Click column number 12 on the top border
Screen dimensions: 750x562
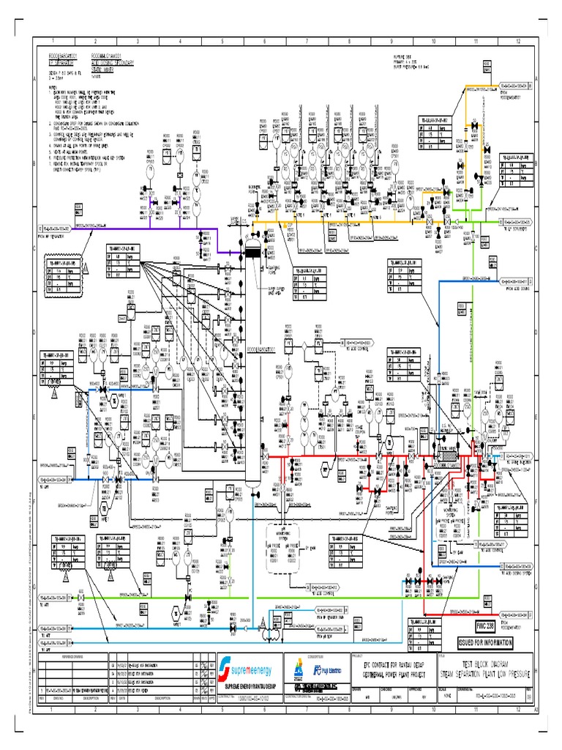518,42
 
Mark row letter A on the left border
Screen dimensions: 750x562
35,78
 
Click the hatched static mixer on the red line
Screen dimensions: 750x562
444,455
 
